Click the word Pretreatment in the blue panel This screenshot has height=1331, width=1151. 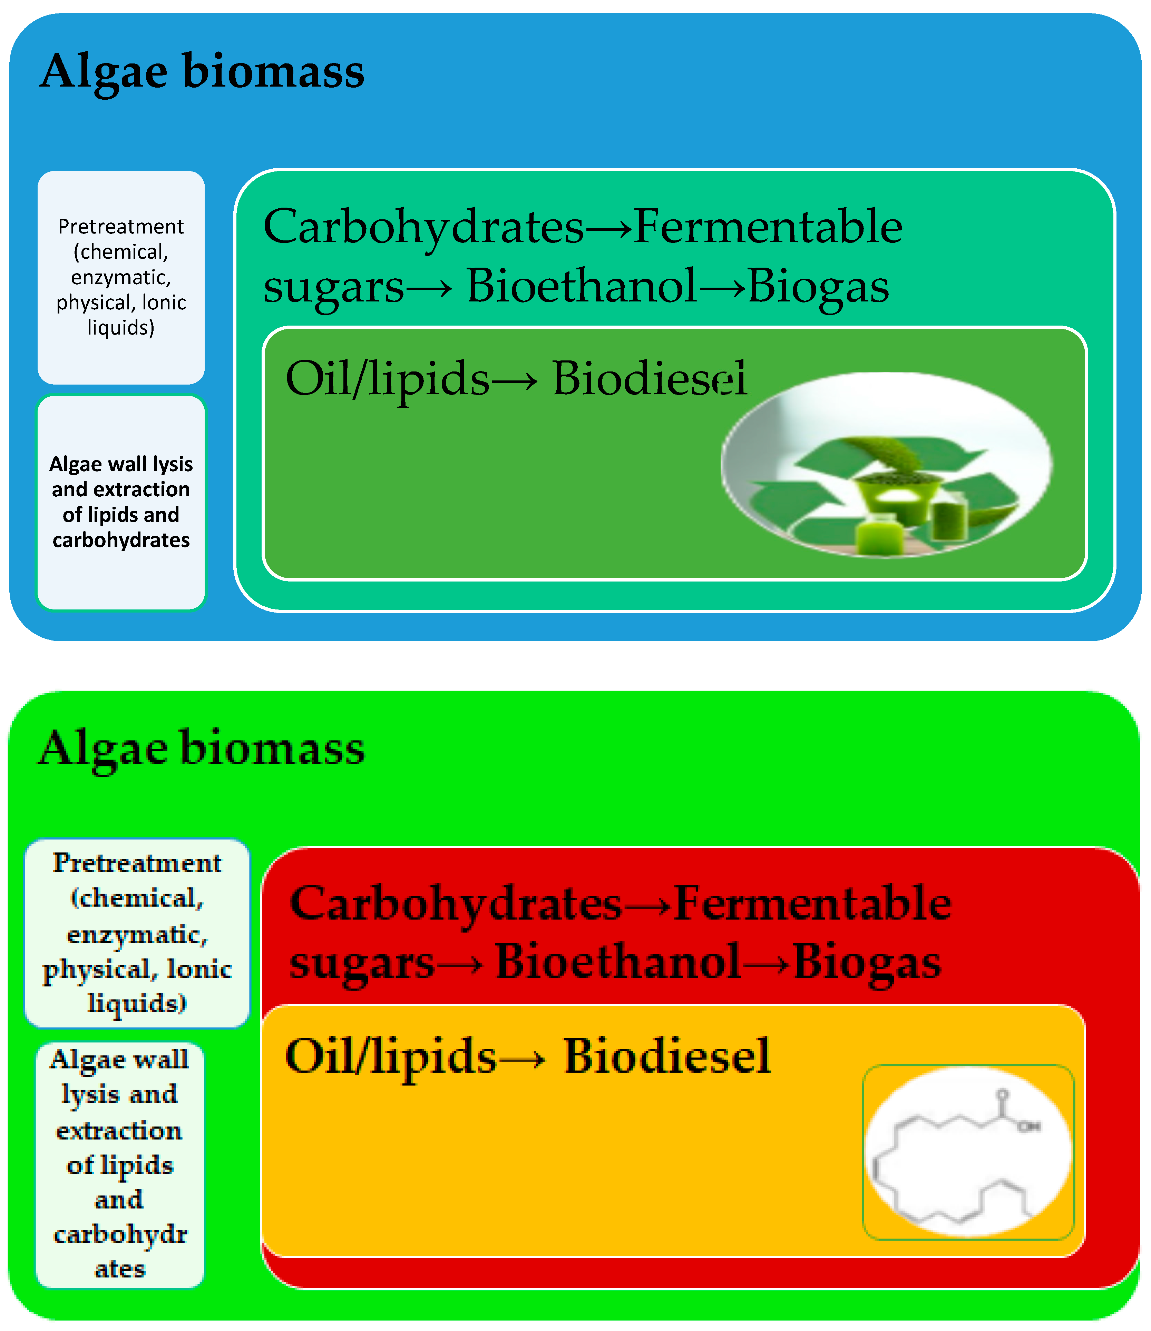[x=121, y=227]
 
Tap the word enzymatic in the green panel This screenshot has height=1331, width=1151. [x=137, y=935]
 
